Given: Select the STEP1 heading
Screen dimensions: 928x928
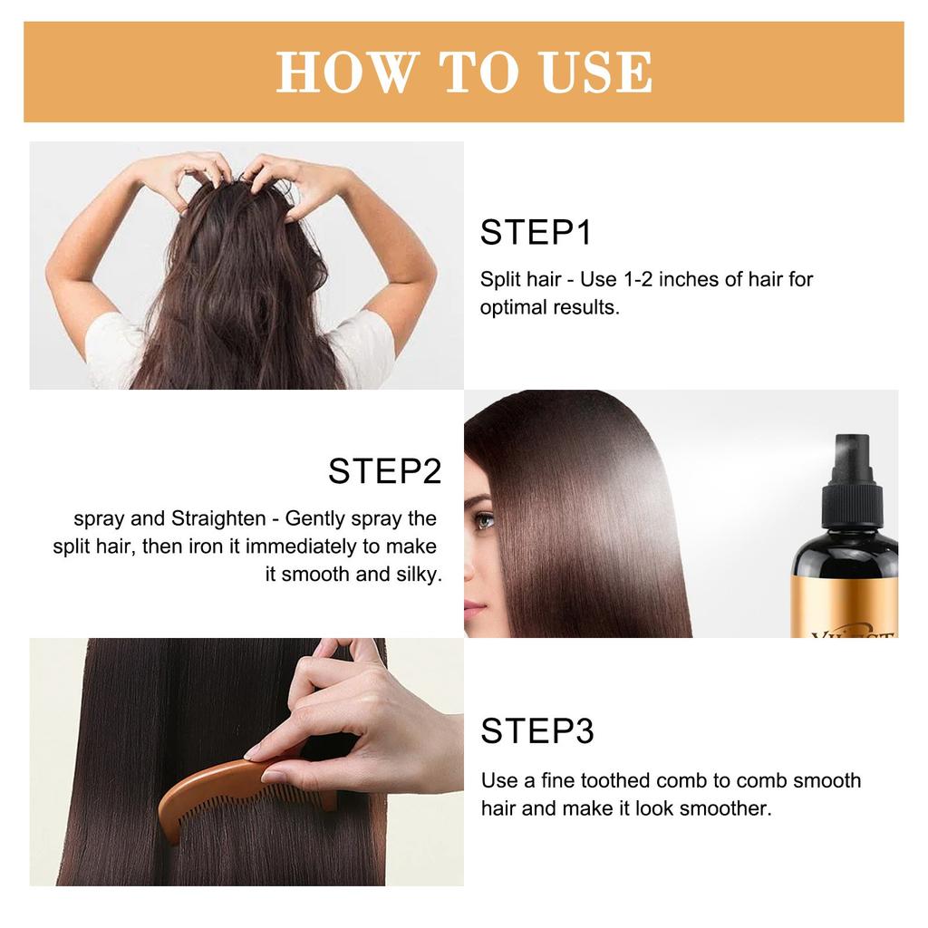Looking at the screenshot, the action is click(536, 232).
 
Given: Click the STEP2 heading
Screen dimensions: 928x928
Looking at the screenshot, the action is click(384, 471).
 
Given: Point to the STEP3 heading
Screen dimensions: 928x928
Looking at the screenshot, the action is click(536, 730).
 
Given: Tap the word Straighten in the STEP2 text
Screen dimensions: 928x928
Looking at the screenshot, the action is click(218, 518).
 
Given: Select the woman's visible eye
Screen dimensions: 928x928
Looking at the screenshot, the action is click(484, 521).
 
